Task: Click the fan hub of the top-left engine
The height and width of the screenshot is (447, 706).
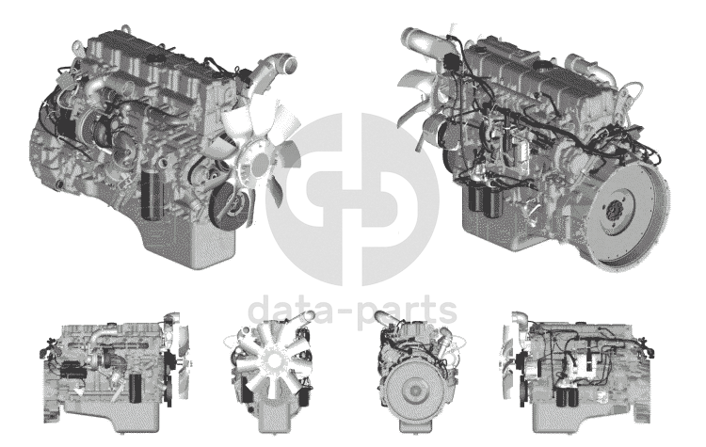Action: pos(260,164)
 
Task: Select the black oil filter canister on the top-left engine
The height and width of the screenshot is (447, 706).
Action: pos(151,195)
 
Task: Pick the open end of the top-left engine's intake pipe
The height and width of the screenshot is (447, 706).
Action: pos(289,62)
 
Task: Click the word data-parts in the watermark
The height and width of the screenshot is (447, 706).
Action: pos(353,311)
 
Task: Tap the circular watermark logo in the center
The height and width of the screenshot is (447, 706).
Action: pos(353,199)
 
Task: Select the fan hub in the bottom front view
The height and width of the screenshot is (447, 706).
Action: pos(272,360)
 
